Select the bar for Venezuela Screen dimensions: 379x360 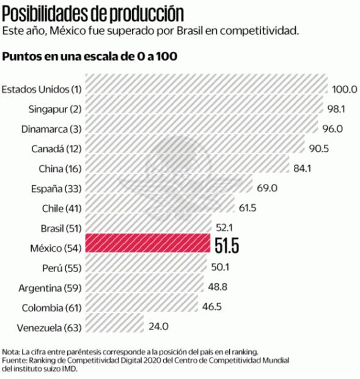[114, 326]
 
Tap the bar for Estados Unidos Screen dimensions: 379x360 [206, 89]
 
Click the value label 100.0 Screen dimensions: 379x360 [344, 89]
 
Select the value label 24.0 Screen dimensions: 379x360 [158, 326]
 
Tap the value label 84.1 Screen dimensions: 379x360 [302, 168]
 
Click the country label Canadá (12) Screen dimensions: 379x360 [56, 149]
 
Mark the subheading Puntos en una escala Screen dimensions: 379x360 [90, 57]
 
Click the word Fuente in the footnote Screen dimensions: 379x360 [15, 361]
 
